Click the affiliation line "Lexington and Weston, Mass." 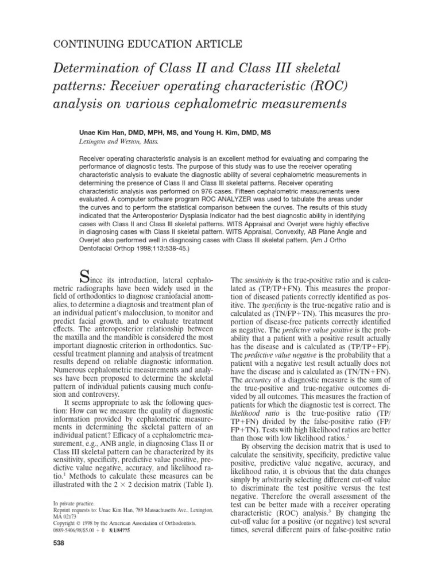pos(119,141)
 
